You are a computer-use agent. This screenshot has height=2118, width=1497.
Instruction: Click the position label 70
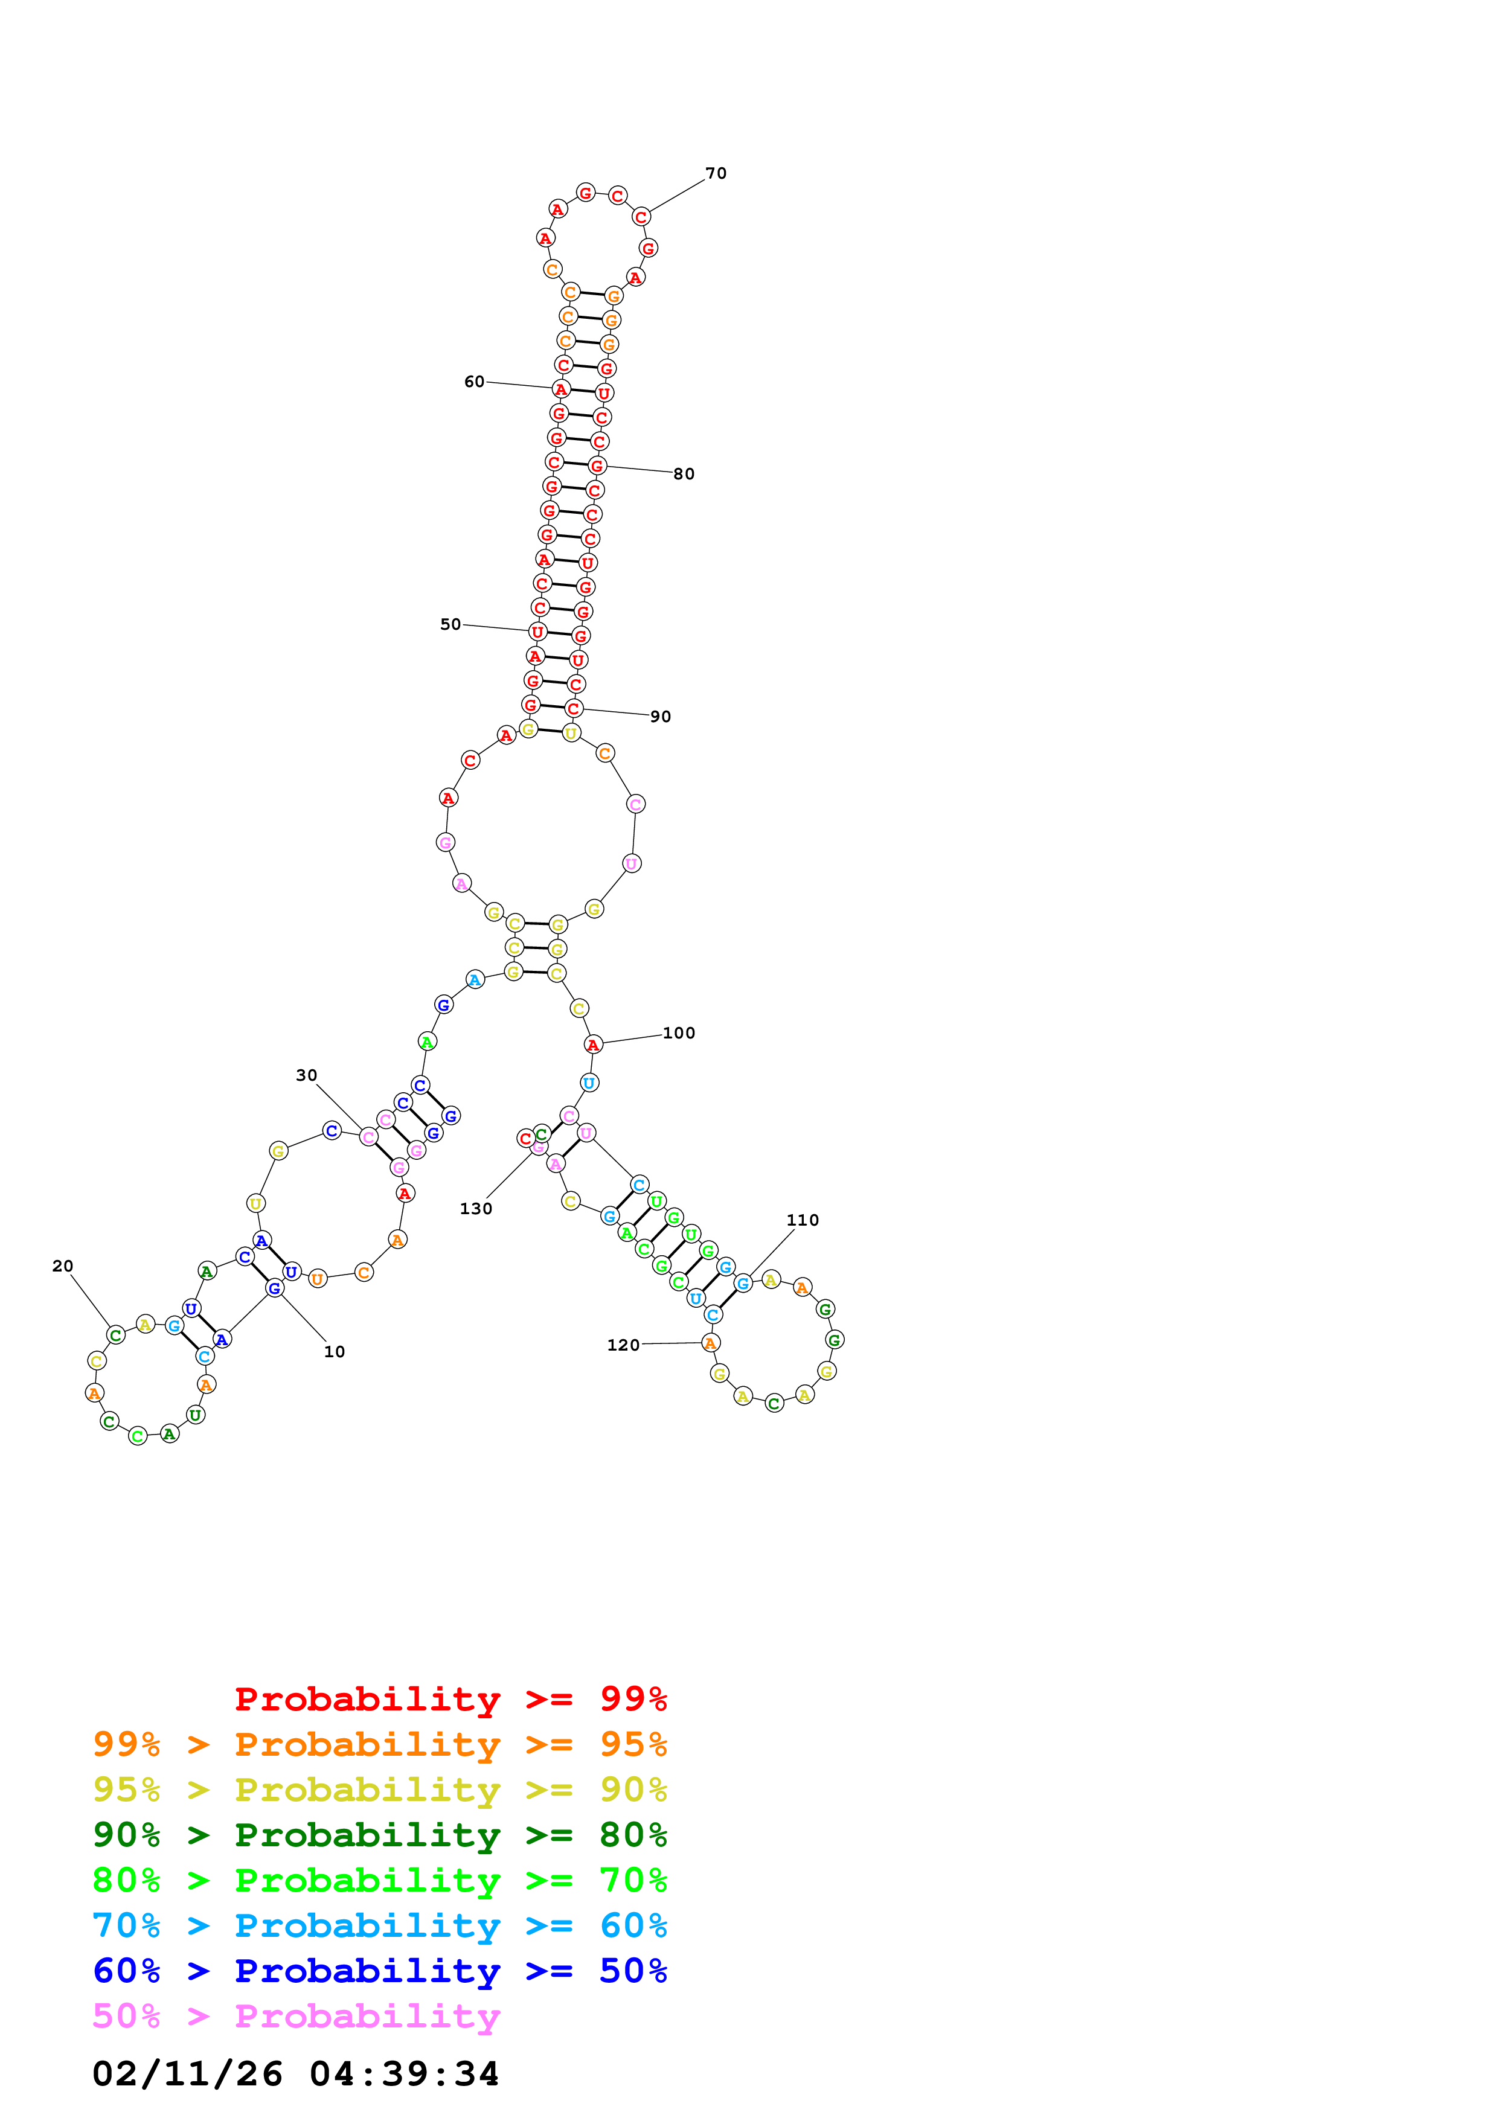716,173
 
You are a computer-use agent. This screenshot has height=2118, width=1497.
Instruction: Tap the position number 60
474,382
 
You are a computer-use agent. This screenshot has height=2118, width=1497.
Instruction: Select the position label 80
684,474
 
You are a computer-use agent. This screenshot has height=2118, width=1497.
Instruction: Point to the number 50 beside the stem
450,624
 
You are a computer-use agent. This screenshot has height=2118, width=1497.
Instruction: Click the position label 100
679,1033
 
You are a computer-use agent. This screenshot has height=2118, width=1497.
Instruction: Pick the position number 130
476,1209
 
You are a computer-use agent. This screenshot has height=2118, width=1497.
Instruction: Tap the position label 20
63,1265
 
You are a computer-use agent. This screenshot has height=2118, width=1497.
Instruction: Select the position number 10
334,1351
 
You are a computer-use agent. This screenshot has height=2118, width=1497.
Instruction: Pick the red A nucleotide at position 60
561,389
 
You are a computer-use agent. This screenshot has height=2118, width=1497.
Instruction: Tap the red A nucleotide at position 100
593,1045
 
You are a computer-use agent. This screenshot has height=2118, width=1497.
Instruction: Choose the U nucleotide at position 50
537,632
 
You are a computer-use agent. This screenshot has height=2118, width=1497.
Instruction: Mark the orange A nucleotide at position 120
710,1343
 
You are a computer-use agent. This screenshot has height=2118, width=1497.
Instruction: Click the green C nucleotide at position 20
115,1335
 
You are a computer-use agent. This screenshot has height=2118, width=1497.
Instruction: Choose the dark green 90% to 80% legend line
380,1835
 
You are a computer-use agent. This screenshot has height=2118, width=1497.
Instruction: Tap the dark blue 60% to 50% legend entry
380,1971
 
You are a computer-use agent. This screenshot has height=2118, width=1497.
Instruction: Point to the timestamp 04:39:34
404,2074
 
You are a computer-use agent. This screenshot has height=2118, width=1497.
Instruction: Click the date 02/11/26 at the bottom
187,2074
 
